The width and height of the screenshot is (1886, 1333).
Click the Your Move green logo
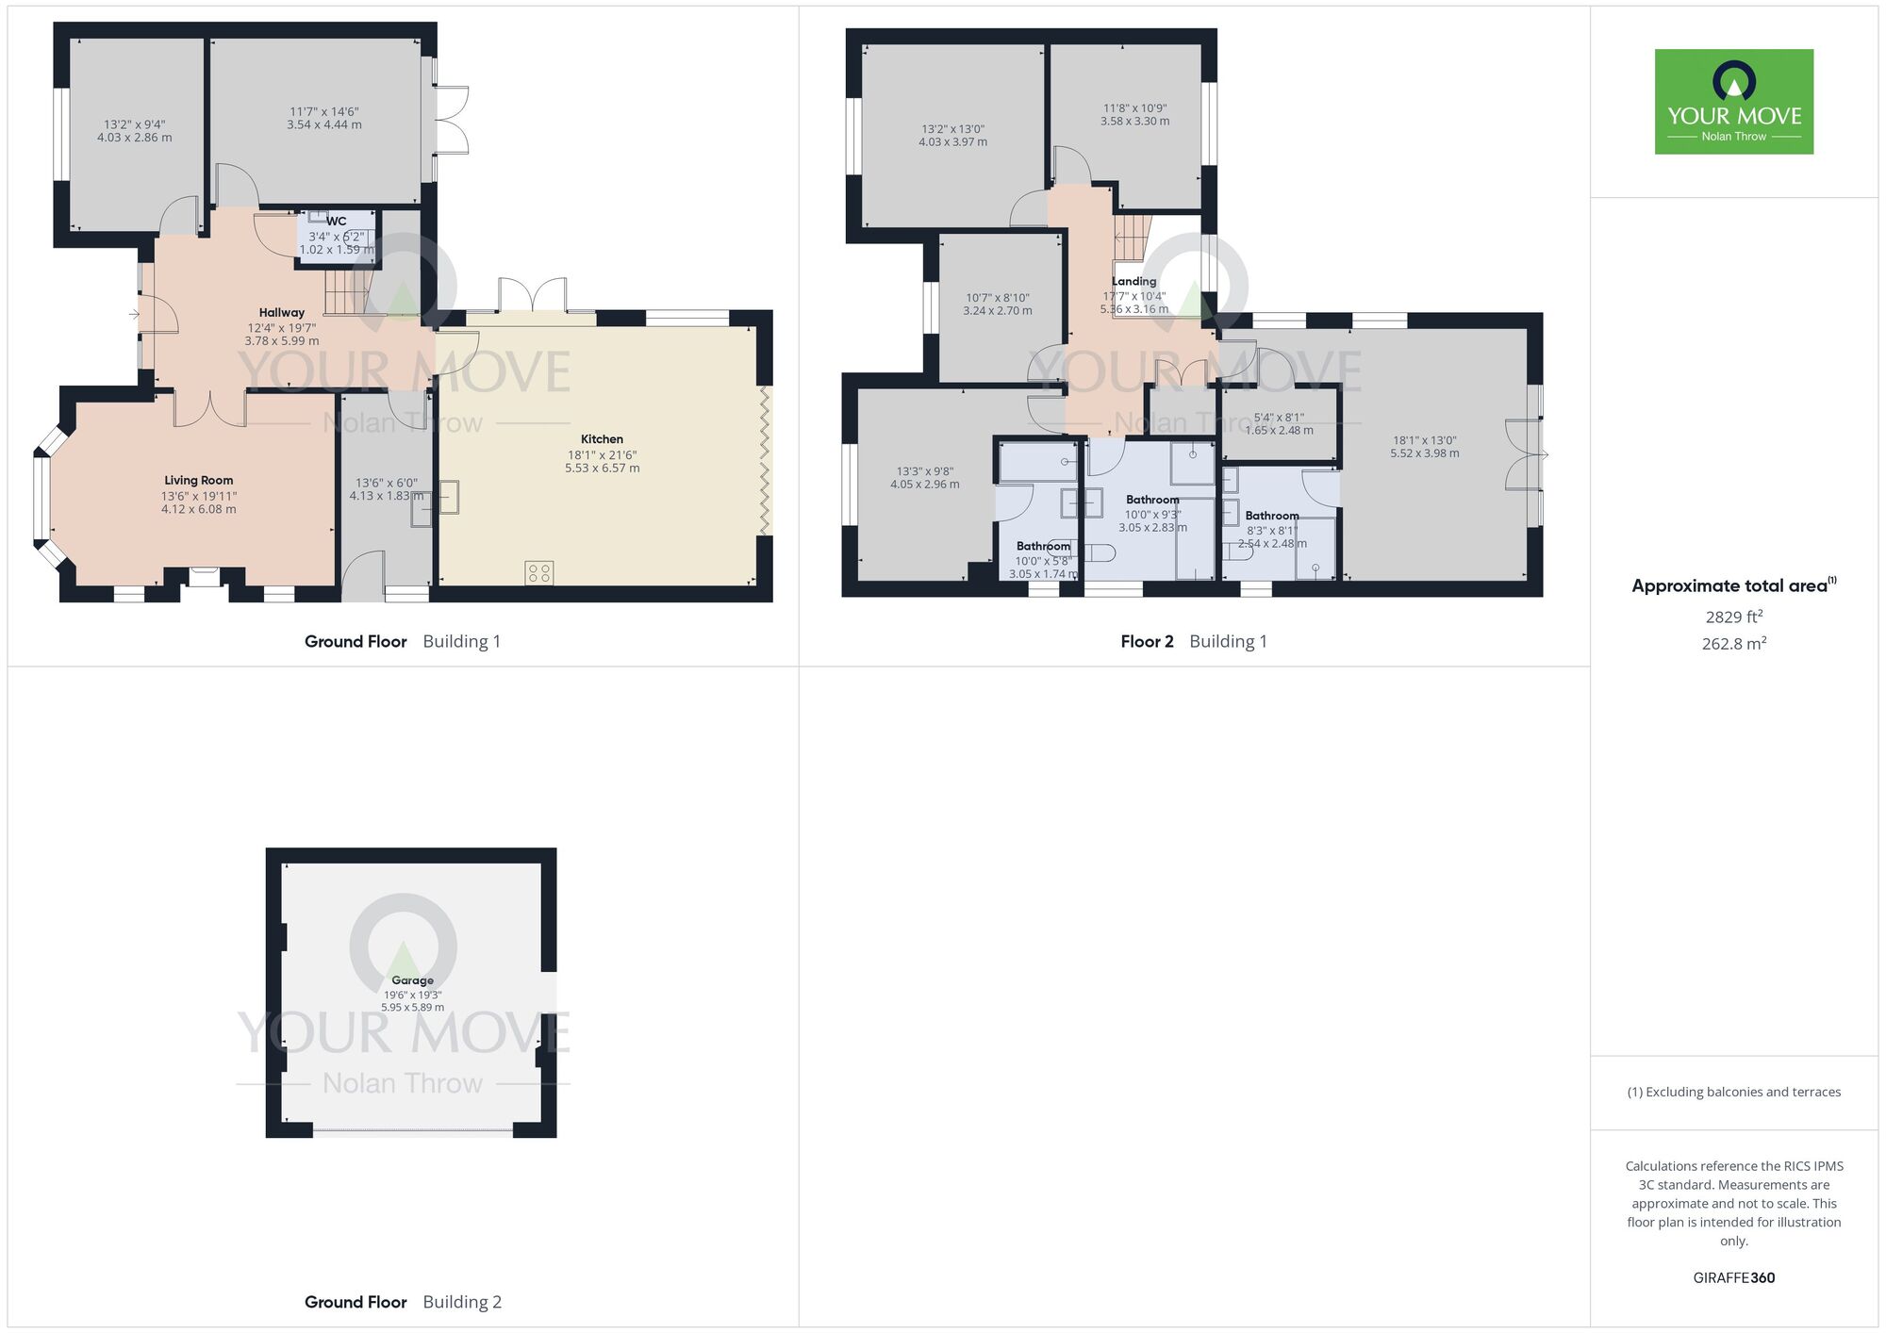click(x=1734, y=102)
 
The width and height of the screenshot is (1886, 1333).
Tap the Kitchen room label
click(x=602, y=439)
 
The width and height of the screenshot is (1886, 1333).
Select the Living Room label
click(x=199, y=481)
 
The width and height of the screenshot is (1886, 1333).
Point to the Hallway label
click(x=282, y=313)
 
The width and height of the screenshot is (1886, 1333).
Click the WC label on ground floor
click(x=337, y=222)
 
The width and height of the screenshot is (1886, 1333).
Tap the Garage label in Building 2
click(x=412, y=980)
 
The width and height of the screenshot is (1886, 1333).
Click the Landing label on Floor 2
click(x=1133, y=281)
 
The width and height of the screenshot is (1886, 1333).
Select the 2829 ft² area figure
click(x=1734, y=617)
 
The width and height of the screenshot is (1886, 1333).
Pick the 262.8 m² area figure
click(x=1734, y=643)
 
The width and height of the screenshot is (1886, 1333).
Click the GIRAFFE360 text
click(x=1734, y=1278)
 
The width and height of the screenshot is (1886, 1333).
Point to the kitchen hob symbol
click(x=539, y=573)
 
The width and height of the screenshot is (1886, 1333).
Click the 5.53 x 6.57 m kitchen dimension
click(x=602, y=469)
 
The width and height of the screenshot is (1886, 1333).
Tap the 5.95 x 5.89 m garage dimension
click(x=412, y=1008)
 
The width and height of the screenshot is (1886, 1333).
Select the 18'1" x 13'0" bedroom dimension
click(x=1425, y=440)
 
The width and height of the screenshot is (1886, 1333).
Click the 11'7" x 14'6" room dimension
click(x=324, y=111)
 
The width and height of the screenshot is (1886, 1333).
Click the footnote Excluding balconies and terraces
click(x=1734, y=1092)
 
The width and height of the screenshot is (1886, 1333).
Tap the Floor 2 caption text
click(x=1147, y=641)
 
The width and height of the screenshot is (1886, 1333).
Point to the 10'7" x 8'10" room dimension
click(x=998, y=298)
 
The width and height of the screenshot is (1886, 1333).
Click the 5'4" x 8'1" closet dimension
click(x=1279, y=418)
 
